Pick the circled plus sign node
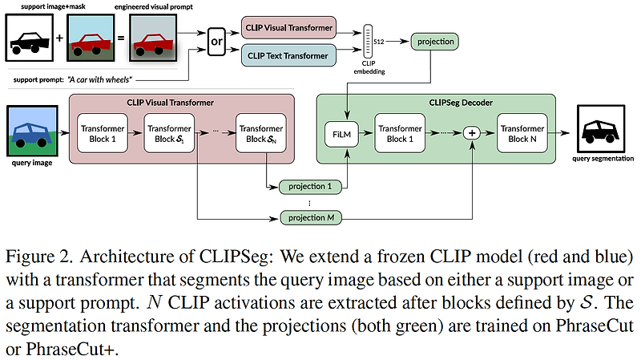(472, 133)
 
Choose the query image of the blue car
(33, 132)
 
